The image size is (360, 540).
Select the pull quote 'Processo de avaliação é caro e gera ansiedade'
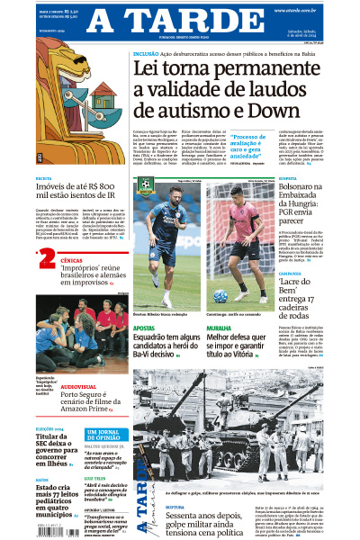276,148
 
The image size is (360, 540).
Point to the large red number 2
46,260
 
